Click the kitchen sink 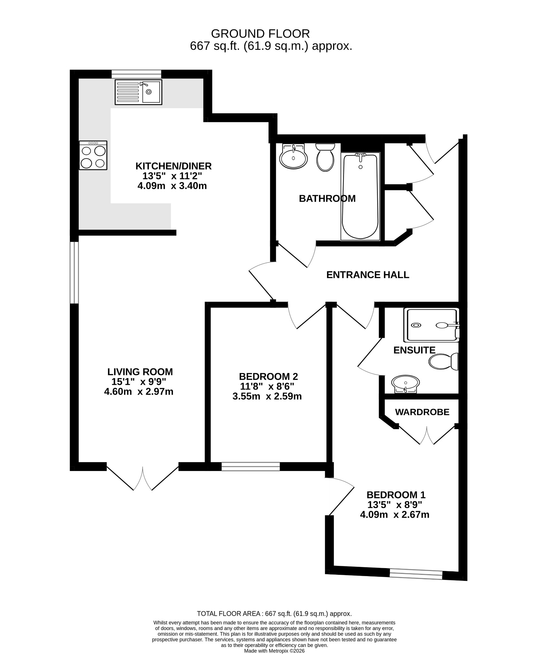[x=138, y=92]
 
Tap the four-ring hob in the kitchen [x=93, y=155]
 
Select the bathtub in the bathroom [x=360, y=196]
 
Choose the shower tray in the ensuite [x=431, y=325]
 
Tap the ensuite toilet [x=444, y=362]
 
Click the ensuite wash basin [x=405, y=384]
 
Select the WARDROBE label [x=422, y=412]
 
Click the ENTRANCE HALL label [x=368, y=275]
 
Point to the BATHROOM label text [x=327, y=199]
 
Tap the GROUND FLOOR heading [x=261, y=34]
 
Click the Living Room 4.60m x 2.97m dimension [x=139, y=392]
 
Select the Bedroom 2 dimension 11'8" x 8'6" [x=267, y=387]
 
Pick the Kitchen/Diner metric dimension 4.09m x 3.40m [x=172, y=186]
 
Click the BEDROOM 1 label [x=396, y=495]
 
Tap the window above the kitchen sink [x=136, y=74]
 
